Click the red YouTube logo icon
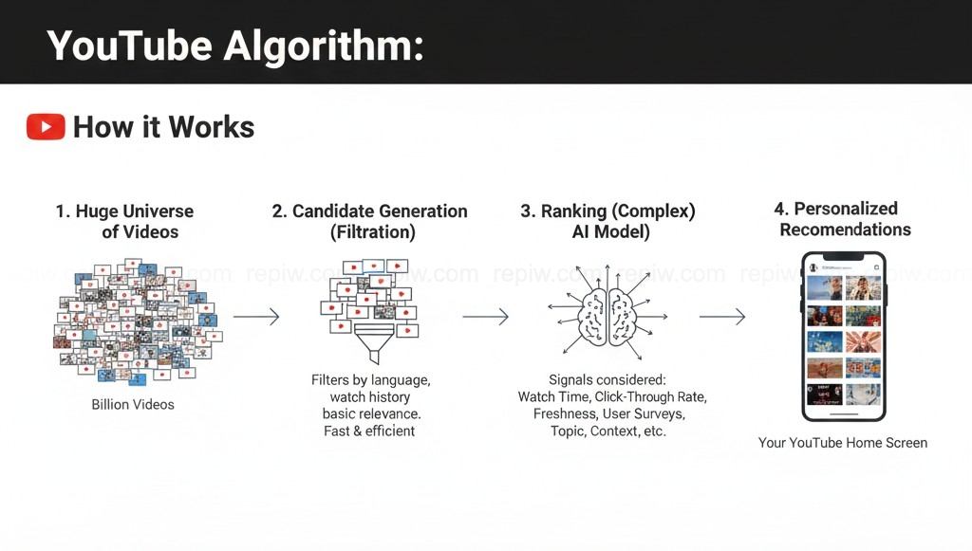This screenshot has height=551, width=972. (x=46, y=127)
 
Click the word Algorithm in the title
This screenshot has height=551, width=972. (x=324, y=45)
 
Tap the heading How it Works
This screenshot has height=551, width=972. (x=163, y=127)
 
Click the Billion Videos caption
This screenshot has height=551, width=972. (x=133, y=404)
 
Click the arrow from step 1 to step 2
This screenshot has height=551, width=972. (x=256, y=317)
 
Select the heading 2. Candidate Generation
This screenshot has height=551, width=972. (x=370, y=211)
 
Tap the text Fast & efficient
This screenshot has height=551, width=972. (x=369, y=431)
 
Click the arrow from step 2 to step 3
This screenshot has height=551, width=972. (x=485, y=317)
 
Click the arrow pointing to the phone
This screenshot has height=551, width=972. (x=721, y=317)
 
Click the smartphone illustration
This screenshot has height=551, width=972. (x=843, y=337)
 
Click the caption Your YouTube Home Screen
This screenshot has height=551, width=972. (x=843, y=442)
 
